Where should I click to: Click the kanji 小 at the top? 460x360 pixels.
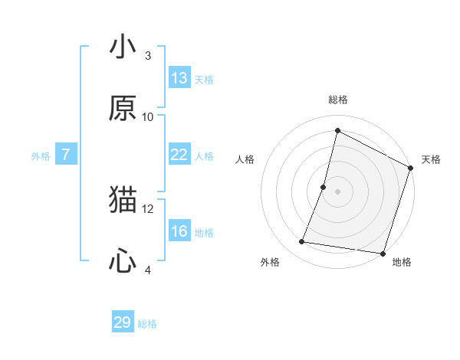tap(123, 47)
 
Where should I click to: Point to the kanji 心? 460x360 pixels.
tap(123, 260)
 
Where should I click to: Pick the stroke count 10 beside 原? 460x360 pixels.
tap(148, 116)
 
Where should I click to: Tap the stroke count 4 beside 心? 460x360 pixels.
tap(148, 270)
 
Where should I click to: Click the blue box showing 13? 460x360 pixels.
tap(179, 78)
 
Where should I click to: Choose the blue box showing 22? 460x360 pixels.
tap(179, 155)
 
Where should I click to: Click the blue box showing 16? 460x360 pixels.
tap(179, 231)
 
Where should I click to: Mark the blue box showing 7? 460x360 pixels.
tap(66, 155)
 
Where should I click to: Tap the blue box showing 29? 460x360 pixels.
tap(123, 322)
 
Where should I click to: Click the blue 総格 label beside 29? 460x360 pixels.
tap(147, 324)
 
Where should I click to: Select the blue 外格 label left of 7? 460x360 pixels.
tap(41, 156)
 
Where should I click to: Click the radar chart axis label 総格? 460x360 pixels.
tap(337, 100)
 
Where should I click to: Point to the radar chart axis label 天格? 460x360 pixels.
tap(431, 159)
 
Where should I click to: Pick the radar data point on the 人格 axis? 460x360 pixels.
tap(324, 187)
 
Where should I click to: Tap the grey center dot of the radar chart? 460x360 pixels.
tap(337, 191)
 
